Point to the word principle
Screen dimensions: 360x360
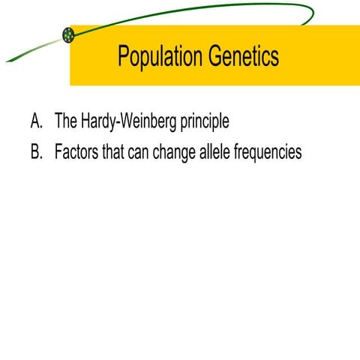click(199, 122)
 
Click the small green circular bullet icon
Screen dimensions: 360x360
click(68, 34)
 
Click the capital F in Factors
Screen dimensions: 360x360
click(58, 151)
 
